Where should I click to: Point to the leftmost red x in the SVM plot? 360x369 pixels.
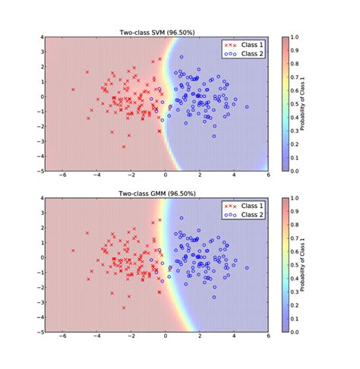click(73, 90)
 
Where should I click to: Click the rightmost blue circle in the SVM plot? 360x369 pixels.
click(247, 107)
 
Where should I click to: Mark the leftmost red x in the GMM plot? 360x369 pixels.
click(73, 251)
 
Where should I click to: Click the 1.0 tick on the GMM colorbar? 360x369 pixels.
click(295, 198)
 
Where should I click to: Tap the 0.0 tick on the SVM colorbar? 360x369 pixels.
click(295, 172)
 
